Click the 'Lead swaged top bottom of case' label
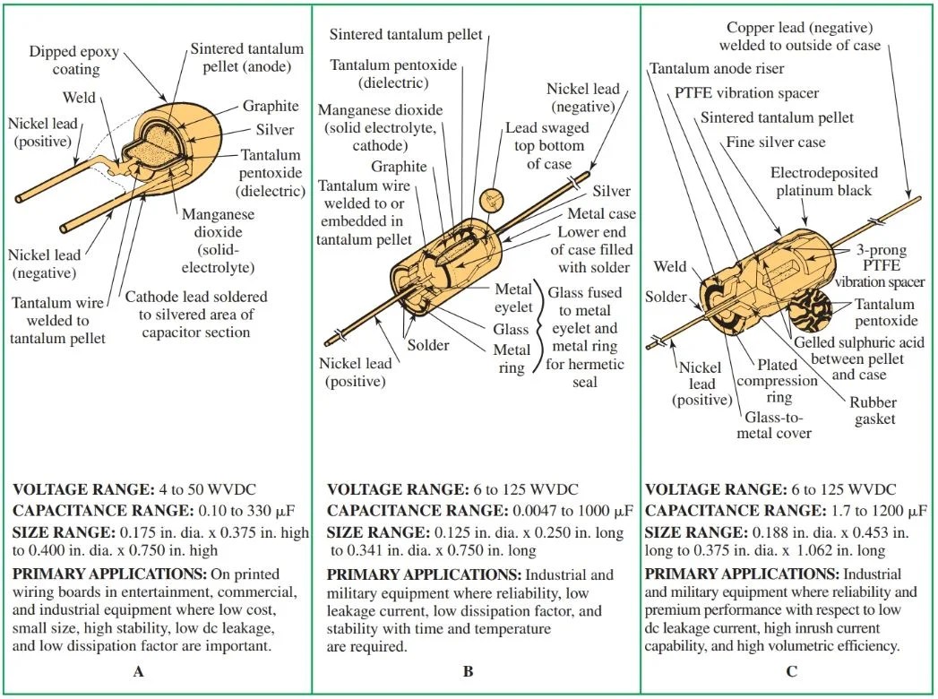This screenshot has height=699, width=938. point(543,145)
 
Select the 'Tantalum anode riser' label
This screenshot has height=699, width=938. point(717,68)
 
